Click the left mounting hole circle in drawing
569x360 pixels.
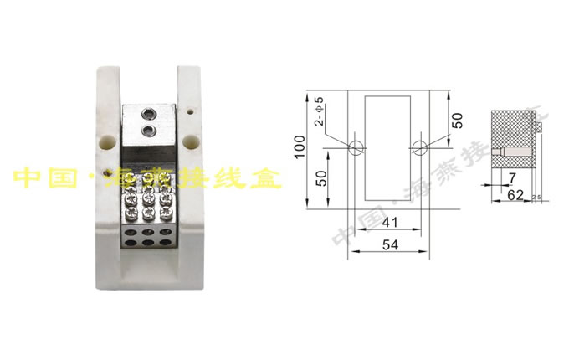pos(356,148)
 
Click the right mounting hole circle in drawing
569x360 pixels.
pos(419,148)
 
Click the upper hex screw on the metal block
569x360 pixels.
pos(148,114)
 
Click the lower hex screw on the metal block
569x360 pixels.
pos(148,131)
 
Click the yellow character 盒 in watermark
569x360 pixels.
pos(267,178)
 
